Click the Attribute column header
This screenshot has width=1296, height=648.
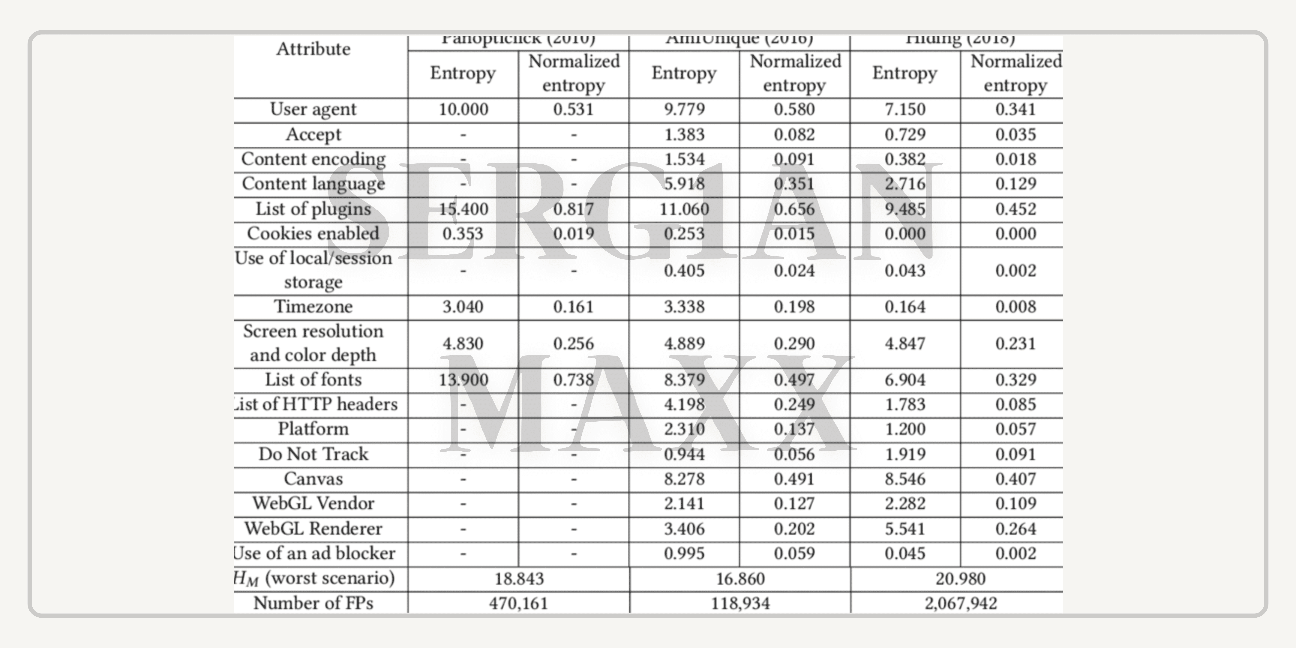(313, 49)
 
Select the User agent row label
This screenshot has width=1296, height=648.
(313, 109)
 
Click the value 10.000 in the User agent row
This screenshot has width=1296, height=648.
(463, 109)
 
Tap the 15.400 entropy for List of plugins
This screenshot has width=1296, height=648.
(463, 209)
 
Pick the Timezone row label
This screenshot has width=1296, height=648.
(313, 306)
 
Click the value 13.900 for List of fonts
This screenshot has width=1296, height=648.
(463, 379)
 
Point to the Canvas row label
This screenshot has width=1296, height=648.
(313, 478)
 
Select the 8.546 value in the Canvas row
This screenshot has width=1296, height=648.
(904, 478)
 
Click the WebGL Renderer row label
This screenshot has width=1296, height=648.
(313, 528)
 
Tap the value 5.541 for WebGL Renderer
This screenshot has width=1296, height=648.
(904, 528)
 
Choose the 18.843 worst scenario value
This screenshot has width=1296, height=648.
(519, 579)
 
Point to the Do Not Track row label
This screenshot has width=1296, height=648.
(313, 454)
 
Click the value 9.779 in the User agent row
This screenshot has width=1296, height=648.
(684, 109)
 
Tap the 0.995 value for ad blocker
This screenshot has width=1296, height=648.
(684, 553)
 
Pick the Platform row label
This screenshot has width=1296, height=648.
(313, 429)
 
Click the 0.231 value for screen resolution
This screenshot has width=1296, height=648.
(1015, 344)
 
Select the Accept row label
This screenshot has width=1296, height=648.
(313, 134)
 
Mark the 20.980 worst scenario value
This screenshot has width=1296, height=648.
(960, 579)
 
